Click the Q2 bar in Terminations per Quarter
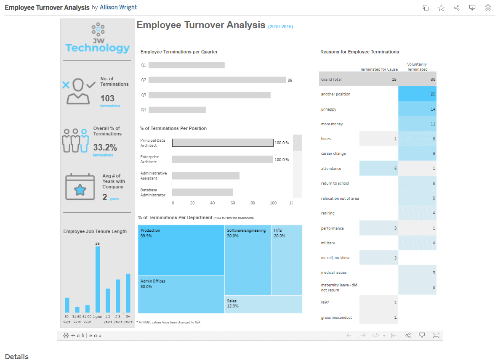tap(217, 80)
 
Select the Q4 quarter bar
tap(177, 110)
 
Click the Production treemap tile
tap(181, 250)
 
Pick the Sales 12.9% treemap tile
tap(263, 304)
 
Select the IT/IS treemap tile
tap(287, 260)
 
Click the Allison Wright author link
tap(118, 7)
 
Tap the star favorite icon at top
tap(441, 8)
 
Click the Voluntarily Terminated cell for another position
tap(417, 94)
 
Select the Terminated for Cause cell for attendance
tap(379, 168)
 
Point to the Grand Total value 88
tap(433, 79)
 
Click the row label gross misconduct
tap(336, 318)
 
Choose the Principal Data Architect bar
tap(223, 143)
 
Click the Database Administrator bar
tap(202, 192)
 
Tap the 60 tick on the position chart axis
tap(232, 203)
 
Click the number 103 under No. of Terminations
tap(107, 98)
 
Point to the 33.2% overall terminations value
tap(105, 148)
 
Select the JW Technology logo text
tap(97, 48)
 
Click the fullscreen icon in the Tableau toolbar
tap(436, 335)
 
